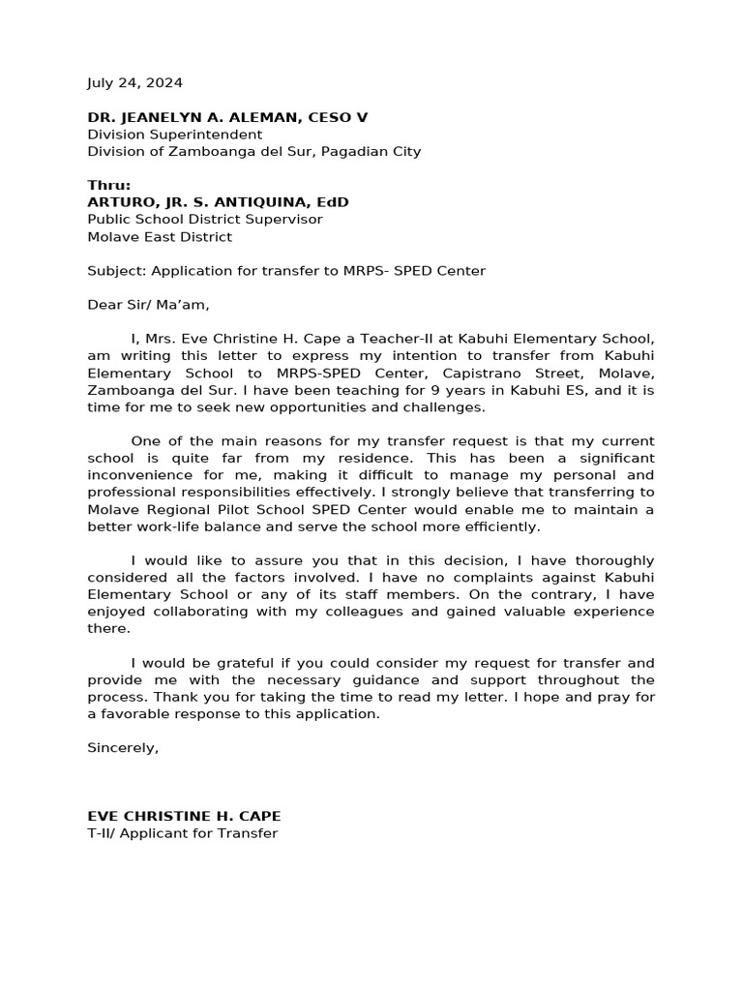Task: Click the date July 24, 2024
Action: [134, 83]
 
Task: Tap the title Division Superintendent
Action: [174, 135]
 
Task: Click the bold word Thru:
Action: [108, 186]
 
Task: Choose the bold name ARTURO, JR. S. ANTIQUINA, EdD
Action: [218, 202]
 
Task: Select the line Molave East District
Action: [160, 237]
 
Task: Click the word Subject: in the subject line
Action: [116, 271]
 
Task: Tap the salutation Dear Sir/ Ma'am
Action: [148, 305]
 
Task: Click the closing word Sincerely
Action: [123, 748]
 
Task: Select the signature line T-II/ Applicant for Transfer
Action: [182, 833]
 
